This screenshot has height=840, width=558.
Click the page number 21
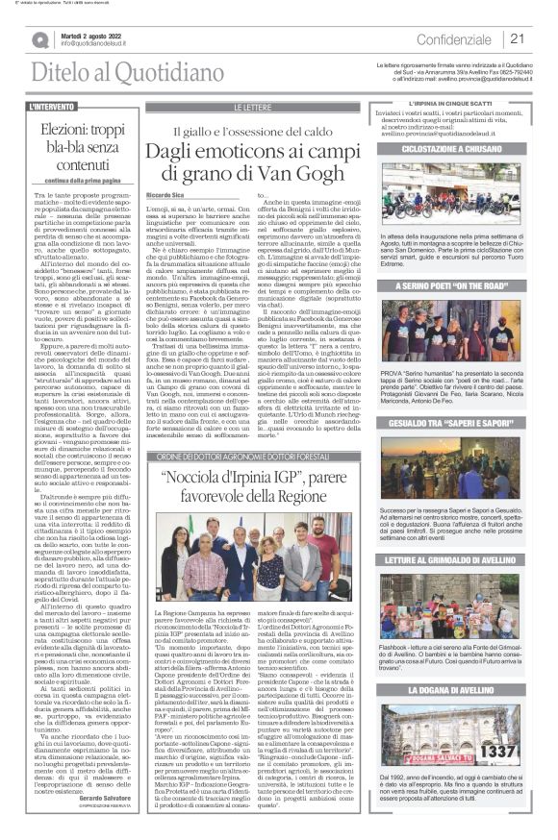click(517, 39)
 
